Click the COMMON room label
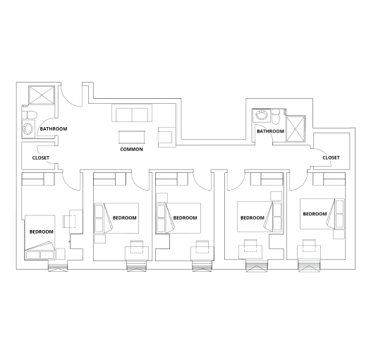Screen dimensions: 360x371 (131, 150)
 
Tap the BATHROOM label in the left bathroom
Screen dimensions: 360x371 (53, 129)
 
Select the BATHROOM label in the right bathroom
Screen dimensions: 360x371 (269, 131)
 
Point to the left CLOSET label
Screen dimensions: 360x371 (40, 158)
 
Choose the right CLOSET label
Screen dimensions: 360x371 (331, 158)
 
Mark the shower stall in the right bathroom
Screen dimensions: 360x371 (296, 126)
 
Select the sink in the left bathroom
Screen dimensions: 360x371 (28, 129)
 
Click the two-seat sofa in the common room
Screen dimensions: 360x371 (131, 115)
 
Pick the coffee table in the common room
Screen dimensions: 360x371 (130, 137)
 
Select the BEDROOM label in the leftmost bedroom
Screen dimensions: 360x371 (41, 232)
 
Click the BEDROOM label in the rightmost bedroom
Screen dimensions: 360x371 (314, 214)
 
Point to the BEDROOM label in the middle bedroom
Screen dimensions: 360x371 (185, 218)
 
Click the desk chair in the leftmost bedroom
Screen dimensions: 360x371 (70, 221)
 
